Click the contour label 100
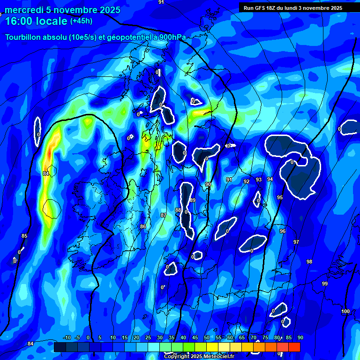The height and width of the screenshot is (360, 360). [345, 312]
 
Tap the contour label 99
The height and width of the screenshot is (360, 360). [325, 284]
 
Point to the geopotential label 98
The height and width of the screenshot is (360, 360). [309, 262]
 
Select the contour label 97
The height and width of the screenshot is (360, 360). [296, 242]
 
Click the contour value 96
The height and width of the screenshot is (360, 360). [283, 231]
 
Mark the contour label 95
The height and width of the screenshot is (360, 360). [280, 197]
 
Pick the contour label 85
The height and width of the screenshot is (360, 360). [24, 236]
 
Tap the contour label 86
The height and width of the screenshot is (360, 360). [143, 226]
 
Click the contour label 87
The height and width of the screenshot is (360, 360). [163, 215]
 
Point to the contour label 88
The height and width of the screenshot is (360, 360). [178, 210]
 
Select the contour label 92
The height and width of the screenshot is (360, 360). [247, 181]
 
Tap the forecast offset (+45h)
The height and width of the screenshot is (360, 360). [81, 21]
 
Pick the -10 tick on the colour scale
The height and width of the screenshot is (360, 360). [67, 337]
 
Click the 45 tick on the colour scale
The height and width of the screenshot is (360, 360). [195, 337]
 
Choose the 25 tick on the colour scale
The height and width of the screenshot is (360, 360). [148, 337]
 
